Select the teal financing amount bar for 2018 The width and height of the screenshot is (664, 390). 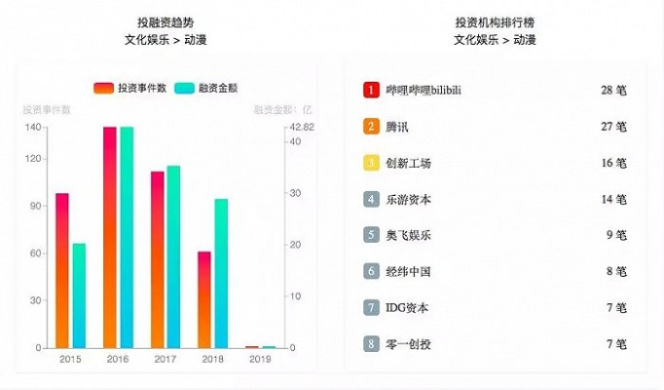tap(221, 273)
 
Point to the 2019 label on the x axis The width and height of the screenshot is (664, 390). tap(260, 360)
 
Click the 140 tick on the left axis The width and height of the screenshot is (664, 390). tap(33, 128)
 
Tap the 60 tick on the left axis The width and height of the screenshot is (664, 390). tap(35, 253)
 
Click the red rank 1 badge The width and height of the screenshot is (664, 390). tap(371, 90)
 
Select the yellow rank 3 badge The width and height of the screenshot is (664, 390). tap(371, 163)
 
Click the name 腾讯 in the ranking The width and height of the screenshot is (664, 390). tap(398, 127)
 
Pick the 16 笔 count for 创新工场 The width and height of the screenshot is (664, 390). tap(613, 163)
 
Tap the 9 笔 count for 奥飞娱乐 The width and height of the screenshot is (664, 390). tap(616, 235)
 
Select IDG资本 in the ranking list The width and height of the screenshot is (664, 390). tap(407, 307)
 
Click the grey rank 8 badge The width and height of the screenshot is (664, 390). tap(371, 343)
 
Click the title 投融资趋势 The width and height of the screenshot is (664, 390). tap(166, 21)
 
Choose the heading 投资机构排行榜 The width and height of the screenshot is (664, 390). tap(495, 21)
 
